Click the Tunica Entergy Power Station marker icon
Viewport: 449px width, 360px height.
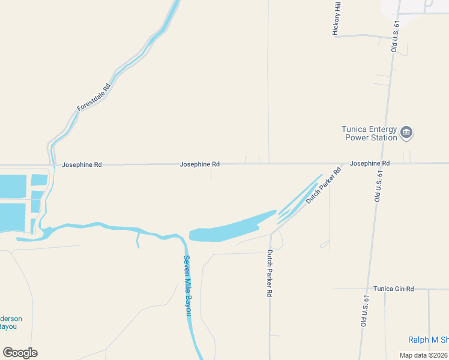click(x=406, y=133)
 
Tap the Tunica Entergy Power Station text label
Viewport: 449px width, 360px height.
click(x=369, y=133)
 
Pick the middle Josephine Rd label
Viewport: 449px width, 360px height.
click(x=199, y=164)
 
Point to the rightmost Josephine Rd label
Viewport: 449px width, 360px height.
click(x=370, y=163)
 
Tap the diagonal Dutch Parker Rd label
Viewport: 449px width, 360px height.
click(x=323, y=185)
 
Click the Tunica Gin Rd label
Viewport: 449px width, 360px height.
click(x=393, y=289)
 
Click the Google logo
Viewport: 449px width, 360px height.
click(x=20, y=353)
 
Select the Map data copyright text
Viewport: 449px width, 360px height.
click(x=424, y=355)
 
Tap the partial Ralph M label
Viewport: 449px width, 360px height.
click(x=428, y=340)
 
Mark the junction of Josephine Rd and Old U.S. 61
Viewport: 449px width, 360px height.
click(x=383, y=163)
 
